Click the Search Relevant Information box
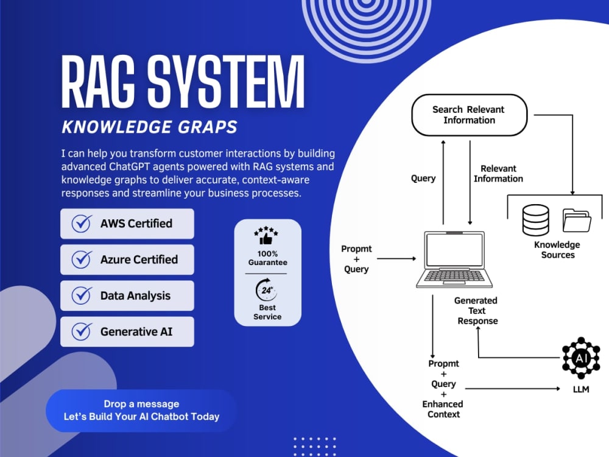(x=469, y=115)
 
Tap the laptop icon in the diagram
(x=454, y=259)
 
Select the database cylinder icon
(x=535, y=220)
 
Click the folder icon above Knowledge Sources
(x=577, y=221)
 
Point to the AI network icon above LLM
(x=581, y=358)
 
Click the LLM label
(x=581, y=389)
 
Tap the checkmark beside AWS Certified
(x=82, y=224)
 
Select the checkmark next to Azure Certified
(x=82, y=259)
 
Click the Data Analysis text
(x=135, y=296)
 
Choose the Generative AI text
(x=136, y=331)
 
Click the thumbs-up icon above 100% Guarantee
(x=266, y=235)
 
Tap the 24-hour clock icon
(x=267, y=289)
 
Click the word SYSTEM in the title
(x=226, y=82)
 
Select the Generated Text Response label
(x=477, y=311)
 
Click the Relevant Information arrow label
(x=498, y=174)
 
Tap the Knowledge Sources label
(x=557, y=249)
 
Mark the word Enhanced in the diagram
(x=442, y=404)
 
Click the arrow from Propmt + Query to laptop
(x=396, y=258)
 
